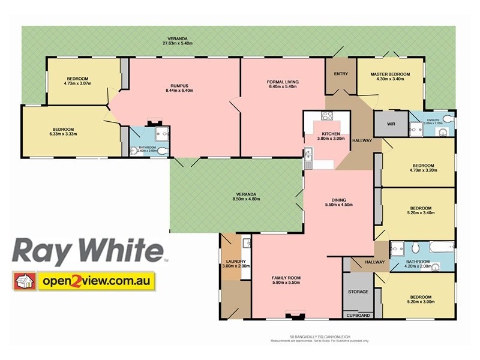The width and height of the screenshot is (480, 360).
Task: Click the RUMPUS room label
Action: (x=176, y=86)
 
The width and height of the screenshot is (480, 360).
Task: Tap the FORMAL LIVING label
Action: (x=283, y=82)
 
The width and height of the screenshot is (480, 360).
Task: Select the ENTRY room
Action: (x=341, y=74)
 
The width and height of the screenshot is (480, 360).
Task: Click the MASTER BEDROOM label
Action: (x=390, y=74)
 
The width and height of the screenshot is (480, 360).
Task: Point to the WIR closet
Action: (x=391, y=124)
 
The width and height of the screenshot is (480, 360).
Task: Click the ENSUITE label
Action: (x=434, y=119)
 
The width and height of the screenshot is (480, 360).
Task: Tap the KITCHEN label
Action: (x=331, y=134)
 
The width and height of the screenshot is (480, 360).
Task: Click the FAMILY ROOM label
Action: (x=286, y=278)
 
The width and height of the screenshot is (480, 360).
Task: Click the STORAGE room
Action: (x=358, y=292)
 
